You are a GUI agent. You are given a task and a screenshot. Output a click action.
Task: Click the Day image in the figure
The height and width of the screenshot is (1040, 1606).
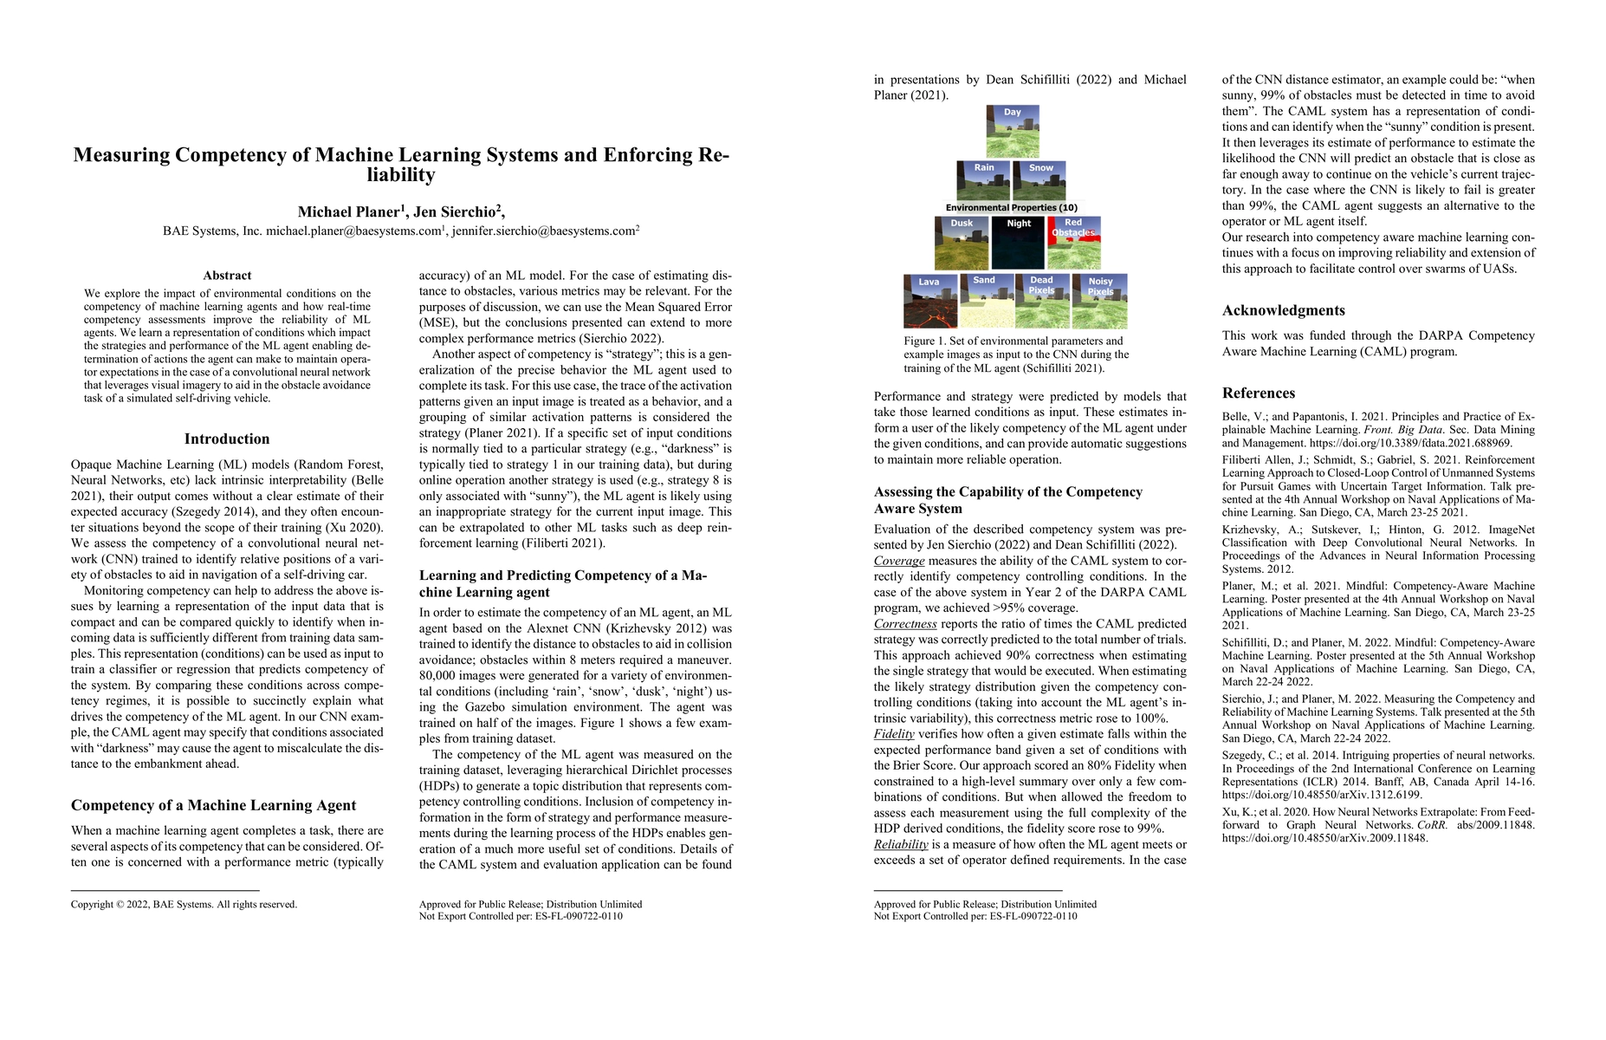click(x=1013, y=131)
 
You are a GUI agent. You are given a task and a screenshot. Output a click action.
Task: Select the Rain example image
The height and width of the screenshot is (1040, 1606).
click(x=983, y=180)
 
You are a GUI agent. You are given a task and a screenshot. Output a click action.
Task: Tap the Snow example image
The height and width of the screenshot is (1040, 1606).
click(x=1040, y=180)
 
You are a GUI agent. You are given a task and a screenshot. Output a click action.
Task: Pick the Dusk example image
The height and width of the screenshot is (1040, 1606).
click(x=962, y=243)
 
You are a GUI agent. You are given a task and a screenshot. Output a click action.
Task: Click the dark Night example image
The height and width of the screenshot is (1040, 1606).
click(x=1019, y=243)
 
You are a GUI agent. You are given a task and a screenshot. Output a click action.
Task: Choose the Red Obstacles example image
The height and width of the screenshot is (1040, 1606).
click(x=1074, y=243)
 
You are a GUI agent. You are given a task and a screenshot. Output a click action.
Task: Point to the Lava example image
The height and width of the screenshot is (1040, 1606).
click(x=929, y=302)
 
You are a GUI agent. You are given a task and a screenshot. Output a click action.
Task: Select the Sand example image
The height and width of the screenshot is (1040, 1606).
click(x=985, y=302)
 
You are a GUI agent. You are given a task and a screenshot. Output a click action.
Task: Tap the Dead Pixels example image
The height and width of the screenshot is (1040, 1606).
click(x=1042, y=302)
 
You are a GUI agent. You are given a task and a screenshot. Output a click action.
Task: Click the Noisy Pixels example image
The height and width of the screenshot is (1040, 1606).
click(x=1100, y=302)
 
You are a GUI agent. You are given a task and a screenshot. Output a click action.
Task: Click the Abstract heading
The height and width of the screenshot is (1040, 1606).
click(x=227, y=276)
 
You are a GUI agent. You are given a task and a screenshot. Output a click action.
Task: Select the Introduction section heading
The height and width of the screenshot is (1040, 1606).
click(x=227, y=439)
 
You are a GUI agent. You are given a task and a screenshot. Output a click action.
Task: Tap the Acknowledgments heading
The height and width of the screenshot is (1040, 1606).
click(x=1283, y=310)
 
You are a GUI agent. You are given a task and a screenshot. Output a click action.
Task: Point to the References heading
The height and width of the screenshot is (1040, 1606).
click(x=1258, y=393)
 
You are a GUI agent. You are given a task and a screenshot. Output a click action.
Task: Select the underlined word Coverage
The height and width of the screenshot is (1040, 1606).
click(x=899, y=561)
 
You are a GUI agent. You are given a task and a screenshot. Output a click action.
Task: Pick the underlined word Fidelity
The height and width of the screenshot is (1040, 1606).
click(x=894, y=734)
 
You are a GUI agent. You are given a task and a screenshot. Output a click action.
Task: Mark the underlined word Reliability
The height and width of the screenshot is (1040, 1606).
click(x=901, y=844)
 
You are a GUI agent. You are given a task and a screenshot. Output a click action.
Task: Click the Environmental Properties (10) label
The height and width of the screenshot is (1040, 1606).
click(x=1012, y=208)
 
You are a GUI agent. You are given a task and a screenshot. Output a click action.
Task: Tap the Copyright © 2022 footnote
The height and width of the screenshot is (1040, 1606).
click(x=184, y=905)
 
